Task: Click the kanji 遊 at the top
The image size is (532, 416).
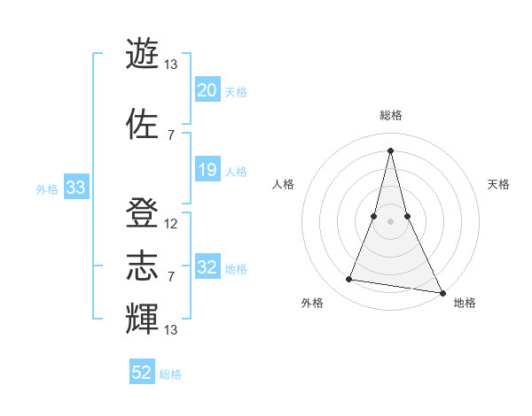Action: click(x=143, y=54)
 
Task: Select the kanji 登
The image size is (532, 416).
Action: click(x=143, y=212)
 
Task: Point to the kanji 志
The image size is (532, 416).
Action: click(x=143, y=266)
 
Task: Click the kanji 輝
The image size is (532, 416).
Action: click(x=143, y=318)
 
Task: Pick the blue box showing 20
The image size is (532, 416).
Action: click(x=207, y=90)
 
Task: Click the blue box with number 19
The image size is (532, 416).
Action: click(x=207, y=170)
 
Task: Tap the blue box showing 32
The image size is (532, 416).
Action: click(x=207, y=267)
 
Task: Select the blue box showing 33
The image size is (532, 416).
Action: click(x=75, y=188)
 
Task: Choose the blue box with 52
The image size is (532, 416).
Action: click(x=142, y=373)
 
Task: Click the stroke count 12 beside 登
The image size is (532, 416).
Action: click(x=171, y=224)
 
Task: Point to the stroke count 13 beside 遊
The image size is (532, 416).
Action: click(x=171, y=65)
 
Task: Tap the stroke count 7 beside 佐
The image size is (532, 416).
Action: click(x=171, y=135)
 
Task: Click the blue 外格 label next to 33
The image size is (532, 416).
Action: click(x=47, y=189)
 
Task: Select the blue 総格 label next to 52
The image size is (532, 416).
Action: click(x=170, y=374)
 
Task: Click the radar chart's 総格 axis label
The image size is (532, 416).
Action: click(x=391, y=115)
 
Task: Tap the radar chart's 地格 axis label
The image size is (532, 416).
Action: click(x=465, y=303)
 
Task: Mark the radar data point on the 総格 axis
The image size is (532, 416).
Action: click(x=391, y=149)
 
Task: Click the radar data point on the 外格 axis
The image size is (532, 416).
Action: click(x=348, y=280)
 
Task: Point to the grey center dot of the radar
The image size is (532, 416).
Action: click(x=391, y=222)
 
